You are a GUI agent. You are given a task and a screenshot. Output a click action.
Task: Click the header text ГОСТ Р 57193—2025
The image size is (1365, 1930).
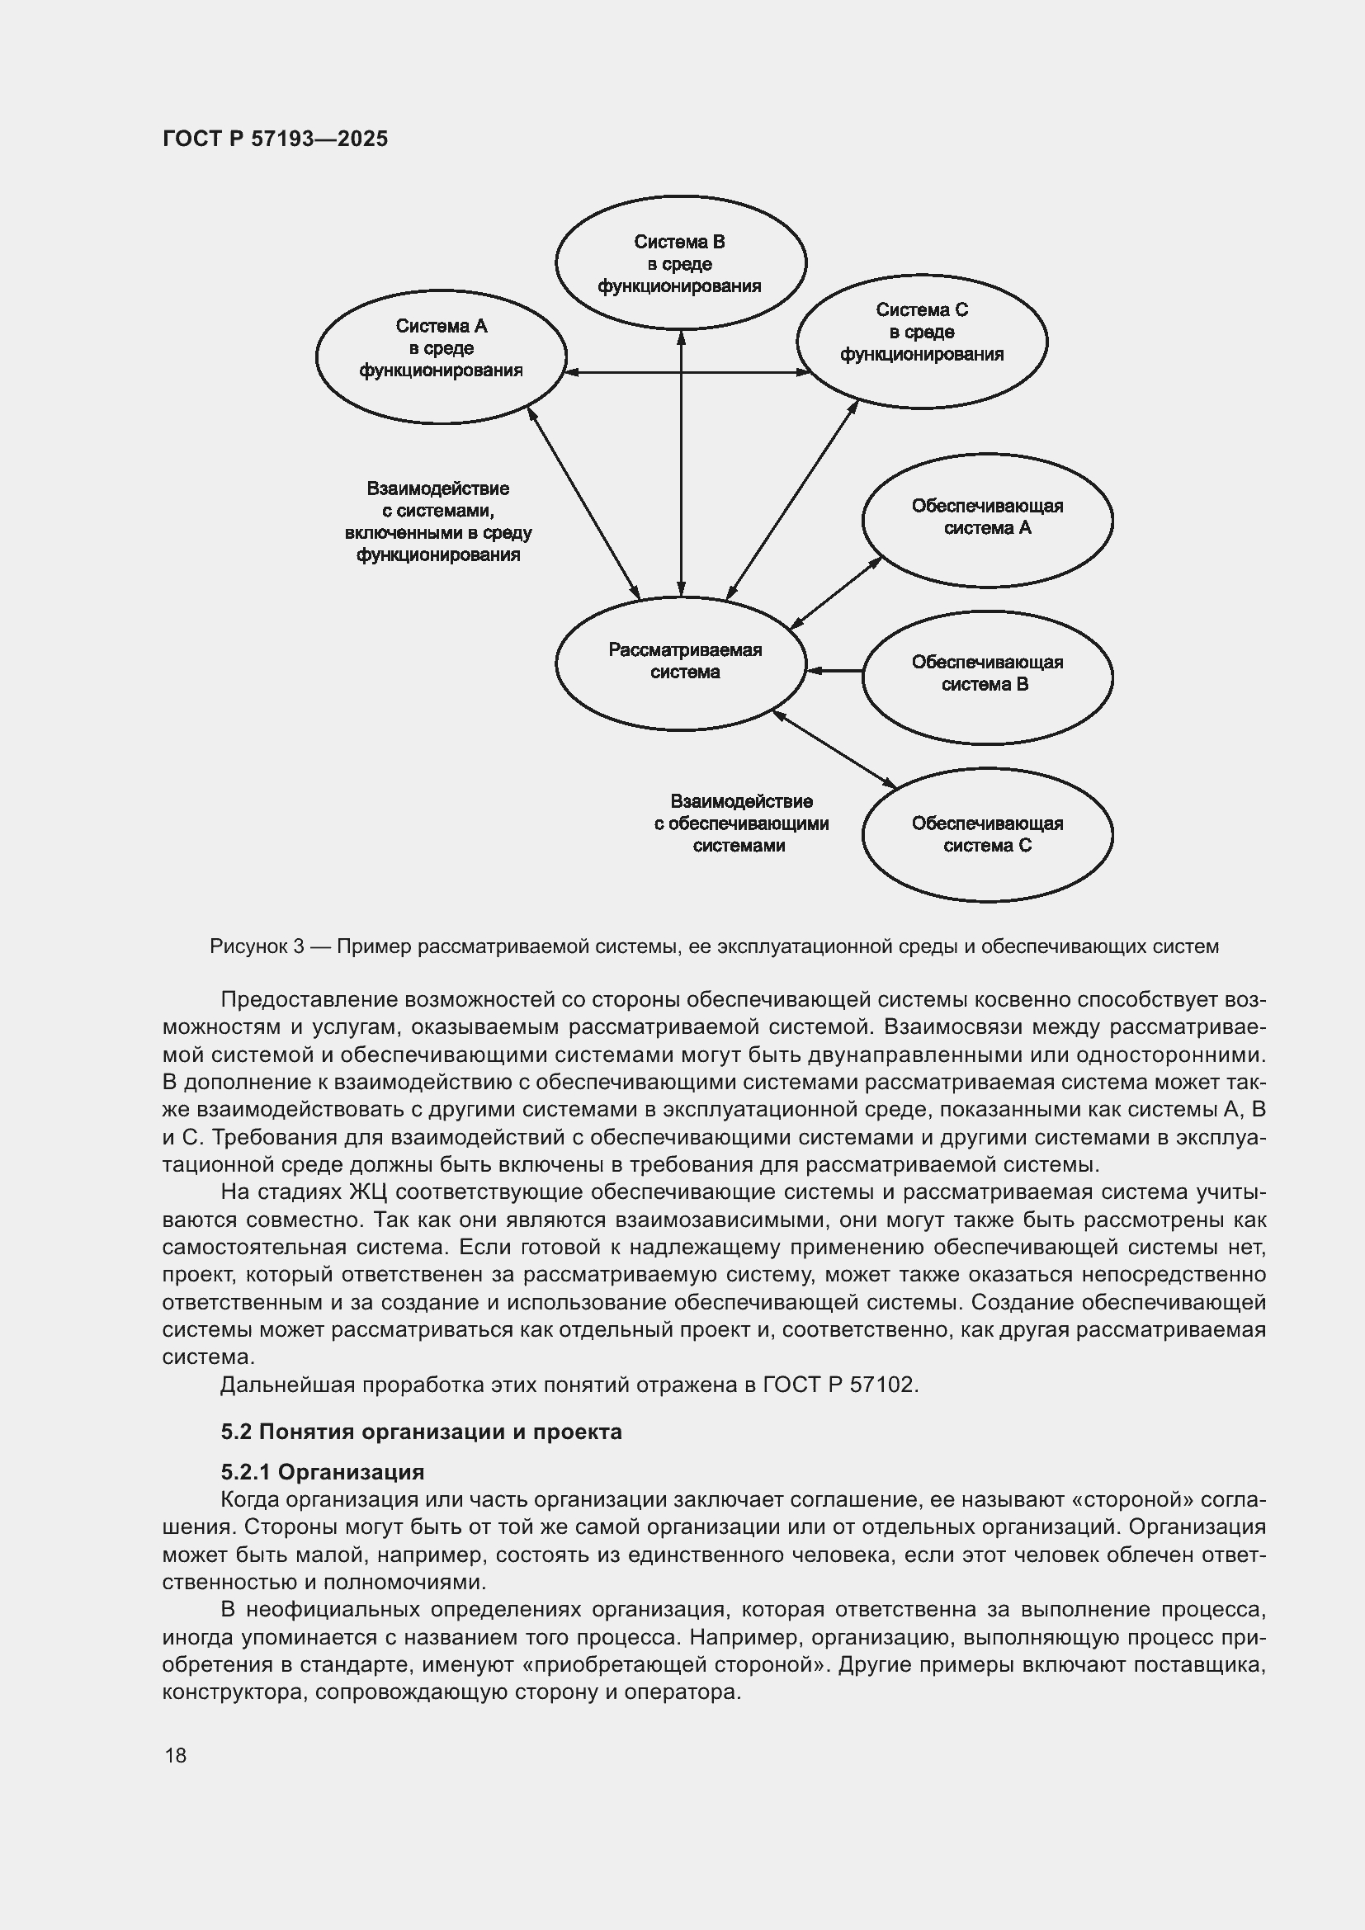[275, 139]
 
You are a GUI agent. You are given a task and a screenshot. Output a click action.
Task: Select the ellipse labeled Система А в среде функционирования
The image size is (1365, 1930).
[441, 356]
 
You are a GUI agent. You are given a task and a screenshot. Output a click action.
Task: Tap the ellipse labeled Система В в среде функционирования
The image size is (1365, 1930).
[680, 263]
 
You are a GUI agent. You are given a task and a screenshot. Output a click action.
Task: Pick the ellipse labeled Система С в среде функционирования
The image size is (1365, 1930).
[921, 341]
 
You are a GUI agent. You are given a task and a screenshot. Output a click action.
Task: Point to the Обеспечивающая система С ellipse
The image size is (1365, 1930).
[987, 835]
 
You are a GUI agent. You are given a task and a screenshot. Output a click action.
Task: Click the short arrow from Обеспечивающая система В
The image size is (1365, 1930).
[834, 671]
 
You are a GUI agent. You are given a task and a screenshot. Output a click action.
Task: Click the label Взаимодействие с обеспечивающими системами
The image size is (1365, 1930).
[740, 823]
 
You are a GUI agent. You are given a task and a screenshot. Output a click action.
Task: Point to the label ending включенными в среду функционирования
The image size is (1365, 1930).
[438, 522]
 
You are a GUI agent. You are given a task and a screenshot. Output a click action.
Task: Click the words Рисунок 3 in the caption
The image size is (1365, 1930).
[257, 946]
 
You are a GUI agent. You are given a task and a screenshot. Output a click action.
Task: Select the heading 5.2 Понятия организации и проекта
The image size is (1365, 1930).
[421, 1432]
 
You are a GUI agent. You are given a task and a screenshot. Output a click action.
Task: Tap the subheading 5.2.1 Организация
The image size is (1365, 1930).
[322, 1472]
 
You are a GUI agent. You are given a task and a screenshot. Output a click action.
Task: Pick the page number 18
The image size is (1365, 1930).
[176, 1755]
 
